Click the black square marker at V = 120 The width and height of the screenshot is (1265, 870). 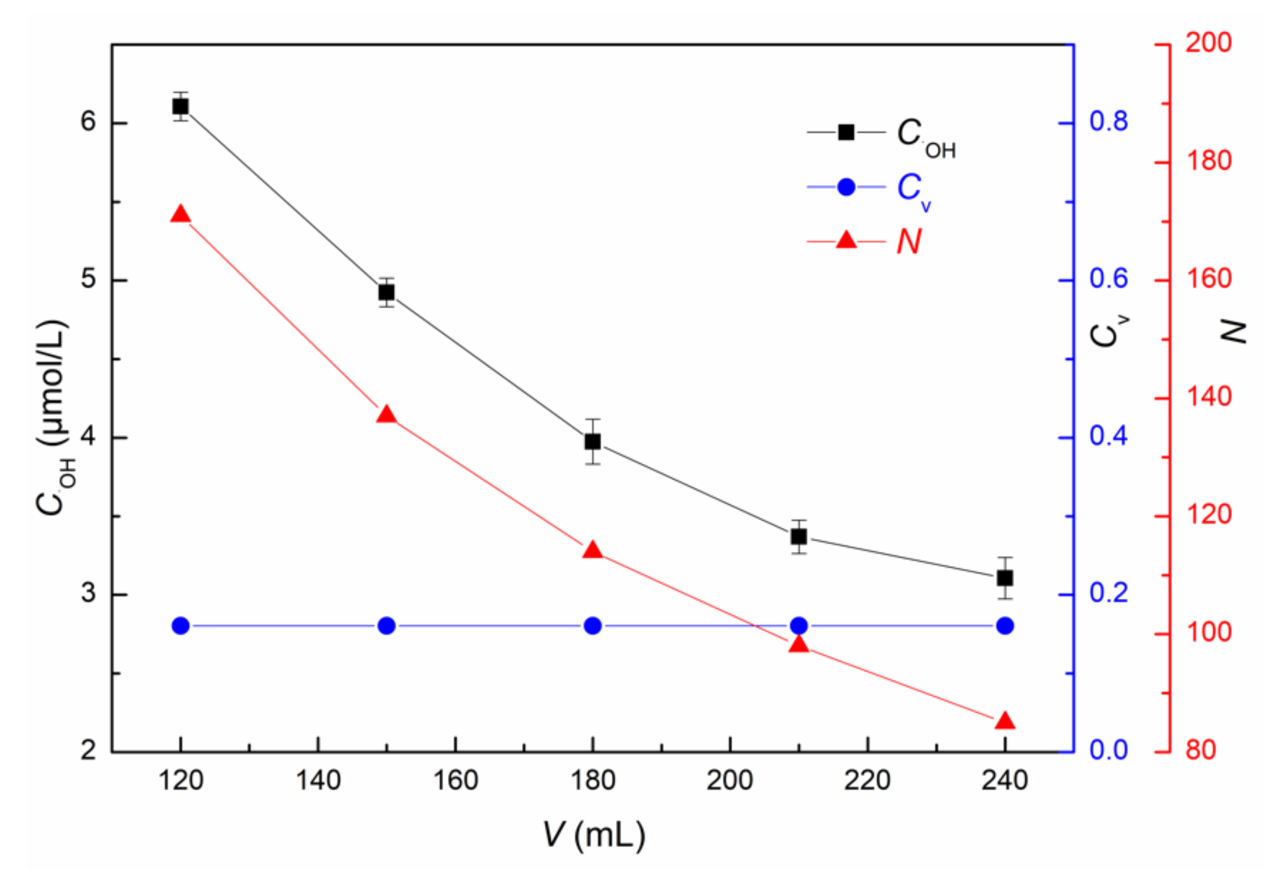click(181, 106)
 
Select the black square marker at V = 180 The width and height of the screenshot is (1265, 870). click(593, 442)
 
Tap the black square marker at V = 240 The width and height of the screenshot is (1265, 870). click(1005, 578)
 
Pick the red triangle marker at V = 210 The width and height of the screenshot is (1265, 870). click(799, 645)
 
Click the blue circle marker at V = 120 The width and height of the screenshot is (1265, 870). click(181, 626)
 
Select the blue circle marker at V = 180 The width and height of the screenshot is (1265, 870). click(593, 626)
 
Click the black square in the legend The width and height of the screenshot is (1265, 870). click(846, 132)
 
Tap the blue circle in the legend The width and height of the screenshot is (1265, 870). click(846, 187)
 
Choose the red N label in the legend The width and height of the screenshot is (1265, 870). click(909, 241)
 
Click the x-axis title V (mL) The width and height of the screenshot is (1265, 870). click(594, 835)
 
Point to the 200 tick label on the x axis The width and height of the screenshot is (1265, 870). click(730, 781)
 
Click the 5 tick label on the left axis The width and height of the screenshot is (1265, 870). click(88, 280)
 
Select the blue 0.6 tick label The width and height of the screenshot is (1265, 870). click(1108, 279)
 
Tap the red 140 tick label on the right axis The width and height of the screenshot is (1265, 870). click(1208, 396)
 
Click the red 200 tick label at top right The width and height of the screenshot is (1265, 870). click(1208, 43)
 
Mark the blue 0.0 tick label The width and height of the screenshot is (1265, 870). click(1108, 750)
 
